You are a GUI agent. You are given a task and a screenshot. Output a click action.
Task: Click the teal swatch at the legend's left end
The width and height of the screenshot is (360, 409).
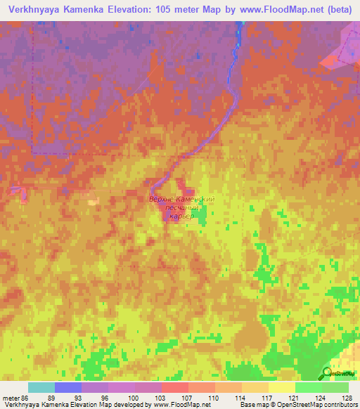click(41, 387)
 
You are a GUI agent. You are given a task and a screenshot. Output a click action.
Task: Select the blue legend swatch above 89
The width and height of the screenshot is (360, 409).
click(67, 387)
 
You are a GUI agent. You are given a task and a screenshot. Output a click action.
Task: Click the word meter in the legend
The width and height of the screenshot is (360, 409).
click(12, 397)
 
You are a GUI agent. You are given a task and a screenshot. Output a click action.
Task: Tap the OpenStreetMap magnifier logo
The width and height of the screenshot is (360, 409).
click(326, 373)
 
